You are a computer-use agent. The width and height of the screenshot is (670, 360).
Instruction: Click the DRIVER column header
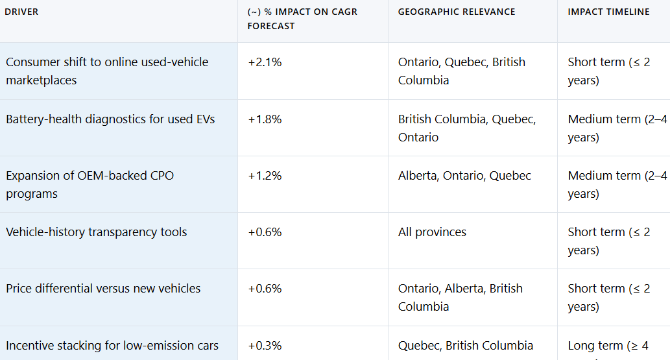tap(21, 12)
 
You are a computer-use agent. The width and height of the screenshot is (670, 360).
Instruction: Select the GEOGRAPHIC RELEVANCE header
tap(457, 12)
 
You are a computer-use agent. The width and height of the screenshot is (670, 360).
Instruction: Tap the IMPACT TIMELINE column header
tap(608, 12)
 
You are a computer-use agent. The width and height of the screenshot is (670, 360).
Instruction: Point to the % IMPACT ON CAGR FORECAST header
tap(302, 19)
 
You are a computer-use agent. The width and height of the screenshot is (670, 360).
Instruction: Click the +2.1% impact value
tap(265, 62)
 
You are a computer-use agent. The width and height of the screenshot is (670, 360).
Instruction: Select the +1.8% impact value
tap(265, 119)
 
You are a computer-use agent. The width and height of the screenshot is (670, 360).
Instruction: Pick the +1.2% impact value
tap(265, 176)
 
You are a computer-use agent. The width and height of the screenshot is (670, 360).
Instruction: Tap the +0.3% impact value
tap(265, 346)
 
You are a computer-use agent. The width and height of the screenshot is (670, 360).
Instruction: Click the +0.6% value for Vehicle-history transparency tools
tap(265, 232)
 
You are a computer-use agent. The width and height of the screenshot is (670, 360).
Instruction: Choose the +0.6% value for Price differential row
tap(265, 289)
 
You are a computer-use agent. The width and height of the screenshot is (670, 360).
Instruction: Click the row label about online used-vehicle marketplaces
tap(107, 71)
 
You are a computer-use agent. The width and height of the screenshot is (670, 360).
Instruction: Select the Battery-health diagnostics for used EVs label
tap(110, 119)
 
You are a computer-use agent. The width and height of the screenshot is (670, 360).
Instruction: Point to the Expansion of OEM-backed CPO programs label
tap(90, 185)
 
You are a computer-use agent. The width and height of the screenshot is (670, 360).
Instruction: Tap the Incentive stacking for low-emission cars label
tap(112, 346)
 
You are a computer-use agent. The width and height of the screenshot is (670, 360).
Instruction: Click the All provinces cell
tap(432, 232)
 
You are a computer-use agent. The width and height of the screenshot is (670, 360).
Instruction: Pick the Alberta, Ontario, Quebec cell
tap(464, 176)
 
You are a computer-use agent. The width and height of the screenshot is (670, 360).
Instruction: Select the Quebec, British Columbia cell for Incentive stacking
tap(466, 346)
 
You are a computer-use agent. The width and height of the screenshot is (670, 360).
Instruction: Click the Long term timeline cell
tap(608, 346)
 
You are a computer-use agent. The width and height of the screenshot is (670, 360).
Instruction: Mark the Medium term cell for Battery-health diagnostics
tap(617, 128)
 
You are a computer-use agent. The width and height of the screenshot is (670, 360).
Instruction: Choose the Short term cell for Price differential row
tap(608, 298)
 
